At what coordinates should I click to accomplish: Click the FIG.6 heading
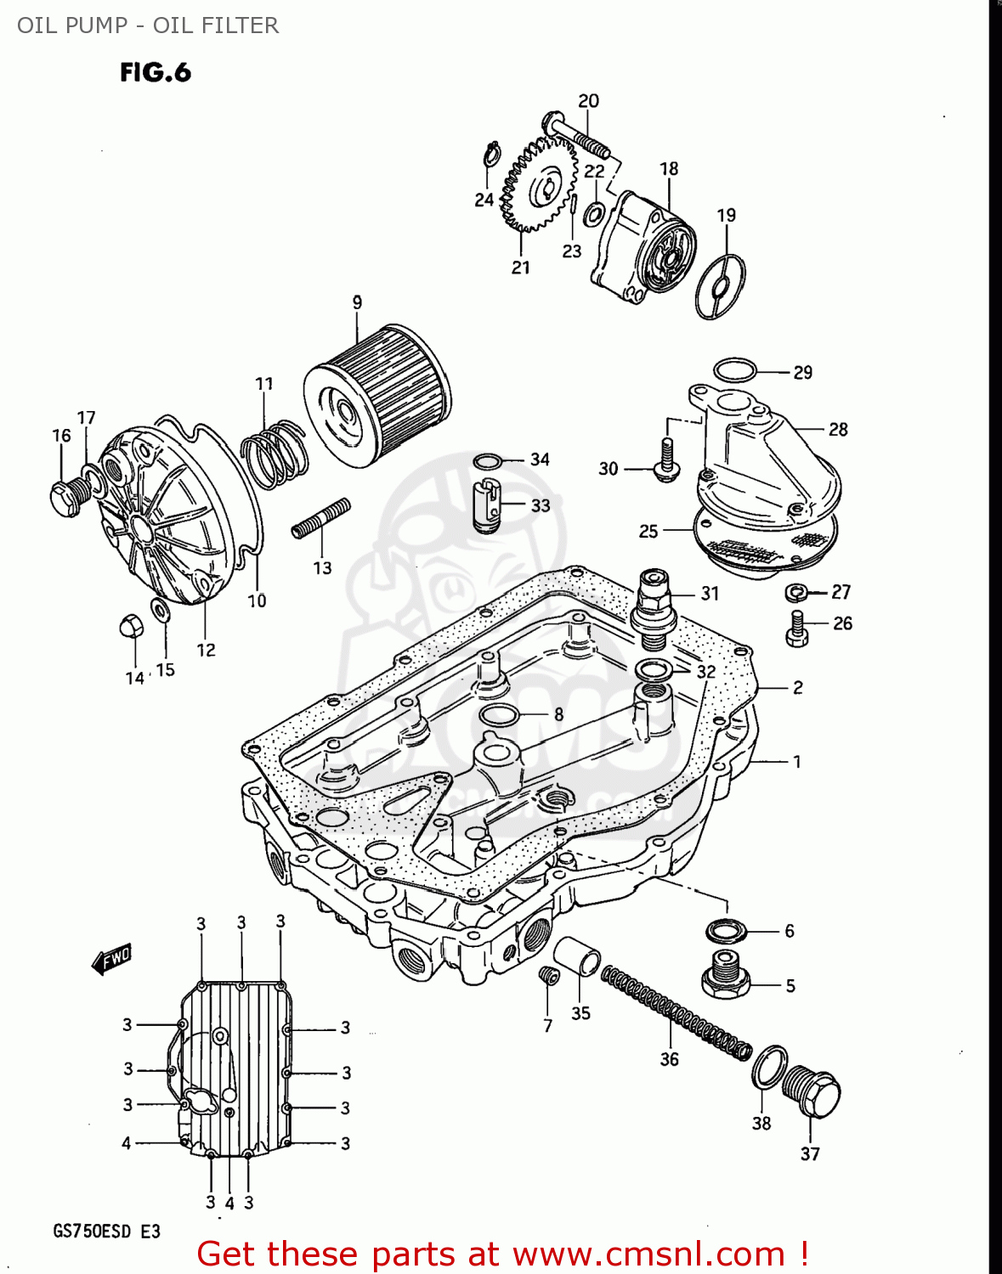pyautogui.click(x=156, y=73)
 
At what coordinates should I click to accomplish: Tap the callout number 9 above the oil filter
pyautogui.click(x=357, y=302)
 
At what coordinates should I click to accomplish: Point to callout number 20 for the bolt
pyautogui.click(x=588, y=101)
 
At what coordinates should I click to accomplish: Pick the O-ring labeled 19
pyautogui.click(x=720, y=287)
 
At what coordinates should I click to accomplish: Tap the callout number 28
pyautogui.click(x=838, y=430)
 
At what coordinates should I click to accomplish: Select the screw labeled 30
pyautogui.click(x=665, y=460)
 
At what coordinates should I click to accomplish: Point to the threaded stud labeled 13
pyautogui.click(x=320, y=517)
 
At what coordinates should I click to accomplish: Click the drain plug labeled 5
pyautogui.click(x=725, y=974)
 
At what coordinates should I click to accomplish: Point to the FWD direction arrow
pyautogui.click(x=111, y=960)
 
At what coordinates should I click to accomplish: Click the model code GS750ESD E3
pyautogui.click(x=106, y=1232)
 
